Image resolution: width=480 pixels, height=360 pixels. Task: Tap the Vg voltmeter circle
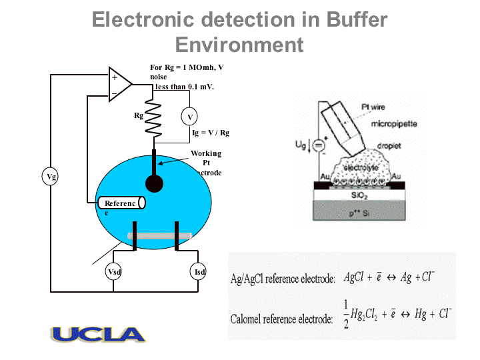(x=51, y=177)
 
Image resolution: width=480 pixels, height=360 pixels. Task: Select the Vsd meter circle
(x=113, y=272)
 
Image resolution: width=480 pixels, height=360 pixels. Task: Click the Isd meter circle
(x=199, y=272)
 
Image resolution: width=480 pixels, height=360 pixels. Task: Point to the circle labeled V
(x=190, y=117)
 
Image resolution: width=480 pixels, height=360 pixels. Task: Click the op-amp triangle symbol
(x=119, y=85)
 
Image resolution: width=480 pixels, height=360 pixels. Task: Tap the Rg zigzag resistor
(x=154, y=118)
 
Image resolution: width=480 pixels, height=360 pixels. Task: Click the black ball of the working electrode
(x=154, y=183)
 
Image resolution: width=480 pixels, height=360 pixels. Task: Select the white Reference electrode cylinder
(x=120, y=203)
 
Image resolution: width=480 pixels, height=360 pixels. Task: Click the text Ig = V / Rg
(x=210, y=133)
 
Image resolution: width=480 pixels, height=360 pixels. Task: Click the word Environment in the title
(x=239, y=45)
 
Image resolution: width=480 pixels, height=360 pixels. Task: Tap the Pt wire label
(x=373, y=106)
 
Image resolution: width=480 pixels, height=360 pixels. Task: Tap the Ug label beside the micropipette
(x=301, y=143)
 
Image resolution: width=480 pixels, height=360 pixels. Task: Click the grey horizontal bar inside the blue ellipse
(x=159, y=235)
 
